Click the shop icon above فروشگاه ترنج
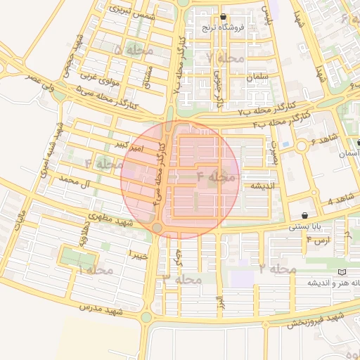click(224, 17)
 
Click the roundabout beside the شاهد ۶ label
click(304, 146)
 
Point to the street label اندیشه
click(257, 186)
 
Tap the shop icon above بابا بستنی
click(304, 215)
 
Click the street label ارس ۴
click(318, 241)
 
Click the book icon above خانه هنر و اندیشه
click(342, 271)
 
